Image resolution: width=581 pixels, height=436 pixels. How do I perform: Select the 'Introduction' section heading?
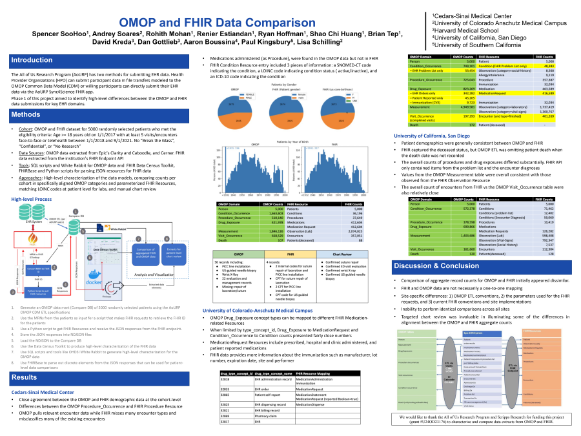[x=32, y=60]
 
